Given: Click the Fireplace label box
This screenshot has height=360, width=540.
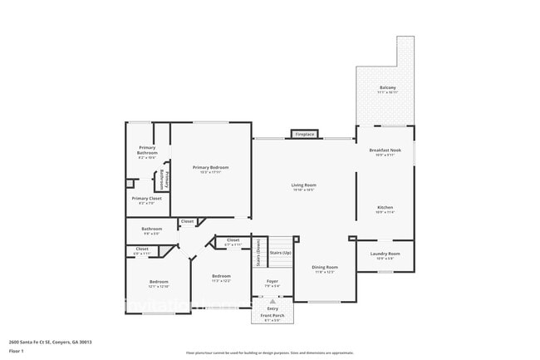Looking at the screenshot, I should [x=305, y=134].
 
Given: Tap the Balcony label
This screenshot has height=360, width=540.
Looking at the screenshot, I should [x=388, y=87].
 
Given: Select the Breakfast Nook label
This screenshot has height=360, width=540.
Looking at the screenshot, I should [x=385, y=150].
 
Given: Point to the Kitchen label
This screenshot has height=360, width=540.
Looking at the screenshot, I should [x=385, y=208].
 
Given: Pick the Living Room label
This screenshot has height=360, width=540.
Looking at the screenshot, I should [x=303, y=185].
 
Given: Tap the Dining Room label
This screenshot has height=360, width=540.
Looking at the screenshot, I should [x=325, y=267].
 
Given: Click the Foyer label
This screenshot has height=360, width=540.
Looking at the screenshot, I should [x=272, y=281].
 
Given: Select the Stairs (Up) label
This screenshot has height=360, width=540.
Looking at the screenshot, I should [x=281, y=253].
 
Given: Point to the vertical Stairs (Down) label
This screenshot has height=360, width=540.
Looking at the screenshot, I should [x=258, y=253].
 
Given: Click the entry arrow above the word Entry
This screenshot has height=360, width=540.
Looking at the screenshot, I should [x=272, y=300].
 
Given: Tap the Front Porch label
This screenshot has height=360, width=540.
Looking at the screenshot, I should [x=272, y=316].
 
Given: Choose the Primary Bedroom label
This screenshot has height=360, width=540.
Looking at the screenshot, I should [x=210, y=168].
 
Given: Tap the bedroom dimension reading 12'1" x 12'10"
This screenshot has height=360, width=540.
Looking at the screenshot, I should [x=159, y=287].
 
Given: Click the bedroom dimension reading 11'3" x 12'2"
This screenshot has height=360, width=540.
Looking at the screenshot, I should [x=221, y=281].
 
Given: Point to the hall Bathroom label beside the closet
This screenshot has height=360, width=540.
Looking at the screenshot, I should [x=151, y=229].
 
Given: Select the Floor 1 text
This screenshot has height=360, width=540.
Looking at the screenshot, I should [x=17, y=351].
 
